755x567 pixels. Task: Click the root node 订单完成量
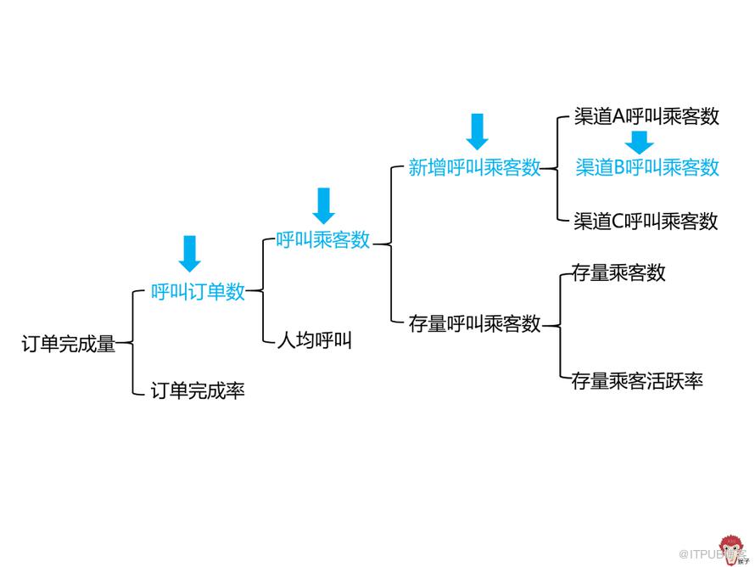point(69,344)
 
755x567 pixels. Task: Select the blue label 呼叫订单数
point(198,291)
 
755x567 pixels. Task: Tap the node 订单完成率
point(198,390)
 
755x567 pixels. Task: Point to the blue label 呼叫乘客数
point(323,239)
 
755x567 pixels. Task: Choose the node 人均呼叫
point(315,340)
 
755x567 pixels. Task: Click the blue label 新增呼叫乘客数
point(475,167)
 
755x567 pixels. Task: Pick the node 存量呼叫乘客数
point(475,323)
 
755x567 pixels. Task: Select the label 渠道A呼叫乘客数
point(646,116)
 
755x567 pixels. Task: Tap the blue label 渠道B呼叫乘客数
point(647,167)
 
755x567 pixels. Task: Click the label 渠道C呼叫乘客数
point(646,222)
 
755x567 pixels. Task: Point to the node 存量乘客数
point(618,272)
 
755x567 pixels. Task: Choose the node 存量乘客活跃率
point(638,380)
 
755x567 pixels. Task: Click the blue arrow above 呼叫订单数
point(190,254)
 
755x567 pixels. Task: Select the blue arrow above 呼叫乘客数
point(324,205)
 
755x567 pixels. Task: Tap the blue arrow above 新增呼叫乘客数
point(477,132)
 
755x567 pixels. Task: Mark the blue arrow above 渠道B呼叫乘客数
point(640,142)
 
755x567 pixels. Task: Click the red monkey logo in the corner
point(732,550)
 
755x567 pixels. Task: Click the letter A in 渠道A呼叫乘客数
point(618,116)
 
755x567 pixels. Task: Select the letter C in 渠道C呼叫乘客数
point(618,222)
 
